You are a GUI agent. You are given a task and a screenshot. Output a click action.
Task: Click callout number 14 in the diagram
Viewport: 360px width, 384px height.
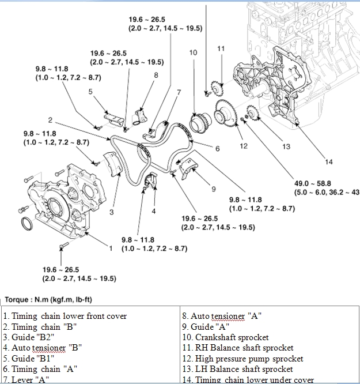pyautogui.click(x=329, y=161)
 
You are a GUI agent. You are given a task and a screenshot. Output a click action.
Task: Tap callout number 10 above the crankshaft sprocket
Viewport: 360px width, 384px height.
pyautogui.click(x=193, y=52)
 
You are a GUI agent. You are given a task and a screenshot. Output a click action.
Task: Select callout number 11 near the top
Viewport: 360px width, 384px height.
pyautogui.click(x=221, y=49)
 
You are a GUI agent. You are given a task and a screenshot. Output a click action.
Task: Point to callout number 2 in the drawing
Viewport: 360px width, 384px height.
pyautogui.click(x=51, y=121)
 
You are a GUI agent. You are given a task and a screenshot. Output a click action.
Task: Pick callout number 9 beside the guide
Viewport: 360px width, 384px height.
pyautogui.click(x=213, y=189)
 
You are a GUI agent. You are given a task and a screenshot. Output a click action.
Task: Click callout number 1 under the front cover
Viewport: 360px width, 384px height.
pyautogui.click(x=111, y=249)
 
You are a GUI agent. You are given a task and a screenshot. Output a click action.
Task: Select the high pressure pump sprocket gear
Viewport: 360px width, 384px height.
pyautogui.click(x=225, y=115)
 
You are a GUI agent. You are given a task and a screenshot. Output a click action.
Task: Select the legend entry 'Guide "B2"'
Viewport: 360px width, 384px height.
pyautogui.click(x=31, y=337)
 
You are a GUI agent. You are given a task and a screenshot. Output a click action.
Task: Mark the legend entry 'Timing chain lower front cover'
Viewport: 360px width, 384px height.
pyautogui.click(x=65, y=316)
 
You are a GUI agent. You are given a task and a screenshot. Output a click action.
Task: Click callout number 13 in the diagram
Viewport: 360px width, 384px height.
pyautogui.click(x=286, y=146)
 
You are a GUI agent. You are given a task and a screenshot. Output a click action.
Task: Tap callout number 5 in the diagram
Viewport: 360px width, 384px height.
pyautogui.click(x=90, y=91)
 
